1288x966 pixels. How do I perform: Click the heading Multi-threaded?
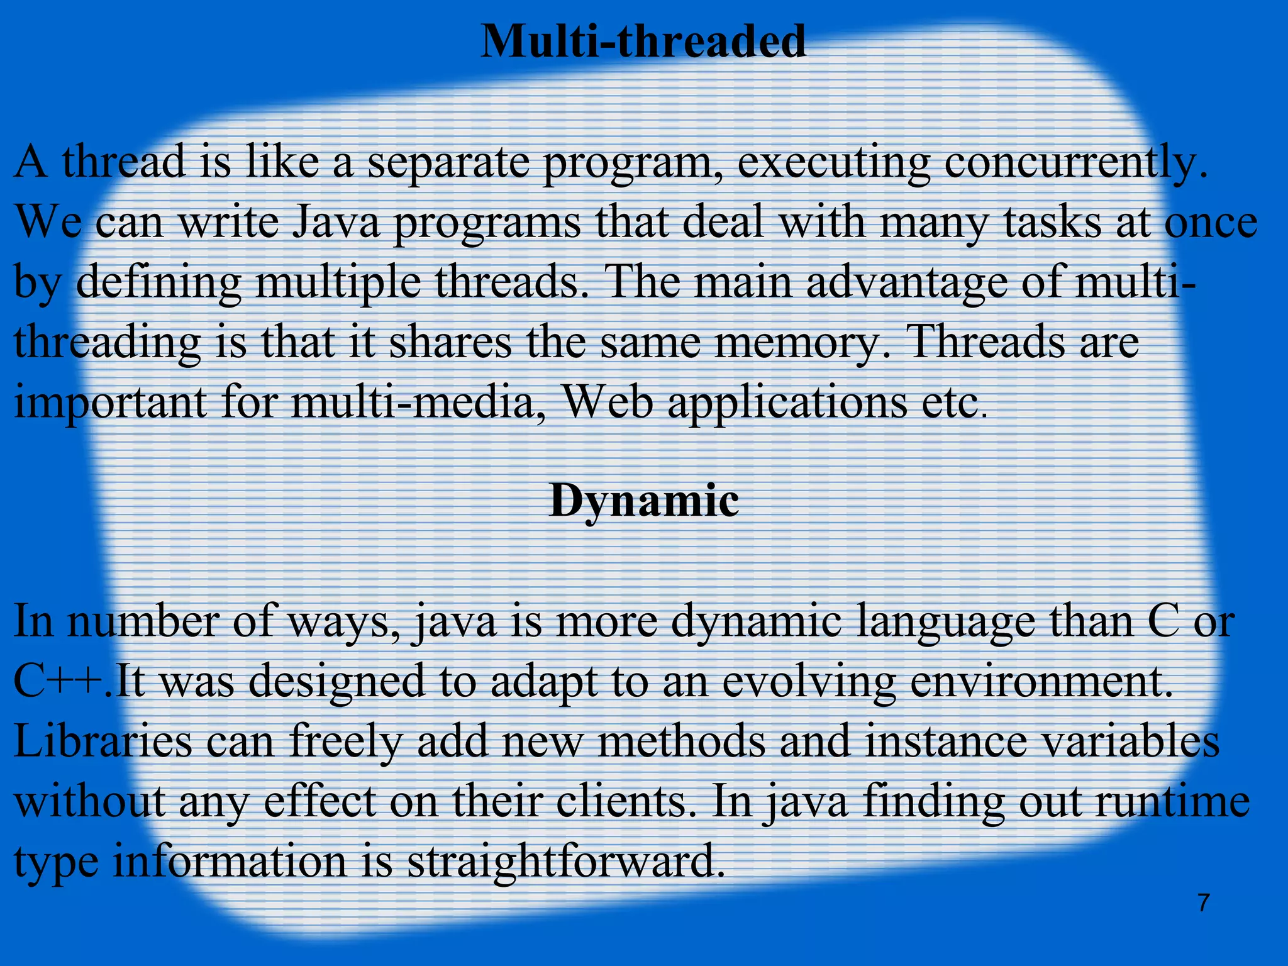643,42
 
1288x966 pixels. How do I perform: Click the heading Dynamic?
643,501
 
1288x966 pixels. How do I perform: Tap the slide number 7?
1203,903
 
